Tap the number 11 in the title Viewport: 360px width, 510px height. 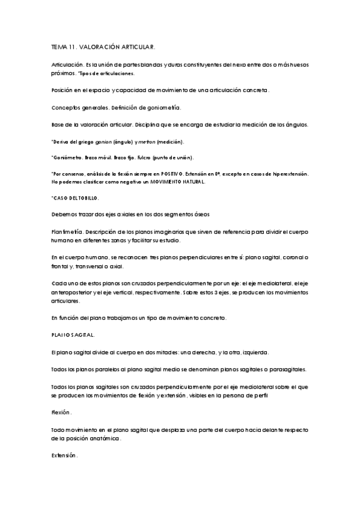coord(76,46)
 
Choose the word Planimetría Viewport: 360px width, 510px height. coord(67,231)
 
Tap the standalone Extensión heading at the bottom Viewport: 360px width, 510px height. coord(64,456)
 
